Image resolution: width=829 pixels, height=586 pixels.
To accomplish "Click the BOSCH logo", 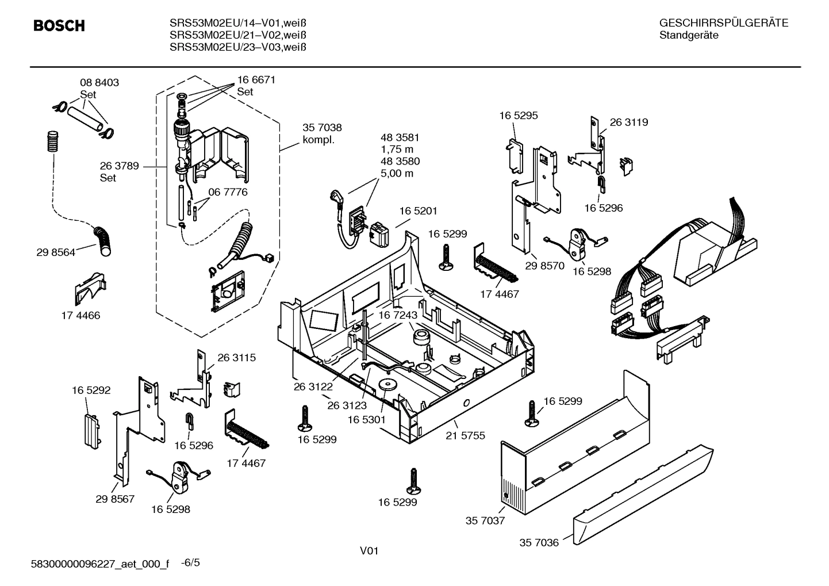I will point(59,26).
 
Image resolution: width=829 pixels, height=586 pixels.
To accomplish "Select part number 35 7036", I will point(539,542).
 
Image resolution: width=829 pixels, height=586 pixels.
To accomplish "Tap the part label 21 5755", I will point(465,436).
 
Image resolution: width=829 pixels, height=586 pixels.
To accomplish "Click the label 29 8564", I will point(56,252).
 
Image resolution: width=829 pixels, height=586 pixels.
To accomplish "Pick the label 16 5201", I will point(419,212).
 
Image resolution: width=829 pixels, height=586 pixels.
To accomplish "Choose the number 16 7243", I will point(397,316).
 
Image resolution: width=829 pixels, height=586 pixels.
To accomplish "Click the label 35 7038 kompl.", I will point(322,133).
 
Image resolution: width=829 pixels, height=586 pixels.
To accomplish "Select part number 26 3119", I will point(628,122).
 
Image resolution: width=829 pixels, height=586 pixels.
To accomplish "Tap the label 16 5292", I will point(91,390).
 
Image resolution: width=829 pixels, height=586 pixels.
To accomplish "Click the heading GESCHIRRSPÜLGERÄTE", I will point(723,24).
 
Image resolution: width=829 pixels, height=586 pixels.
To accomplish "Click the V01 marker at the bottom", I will point(369,551).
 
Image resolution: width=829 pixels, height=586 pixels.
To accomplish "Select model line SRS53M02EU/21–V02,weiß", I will point(237,35).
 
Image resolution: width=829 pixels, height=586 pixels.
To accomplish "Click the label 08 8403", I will point(99,83).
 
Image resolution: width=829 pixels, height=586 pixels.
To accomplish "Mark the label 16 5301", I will point(366,420).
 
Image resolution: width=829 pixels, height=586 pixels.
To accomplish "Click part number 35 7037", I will point(485,521).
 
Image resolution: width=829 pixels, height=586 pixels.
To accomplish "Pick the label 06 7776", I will point(228,192).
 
